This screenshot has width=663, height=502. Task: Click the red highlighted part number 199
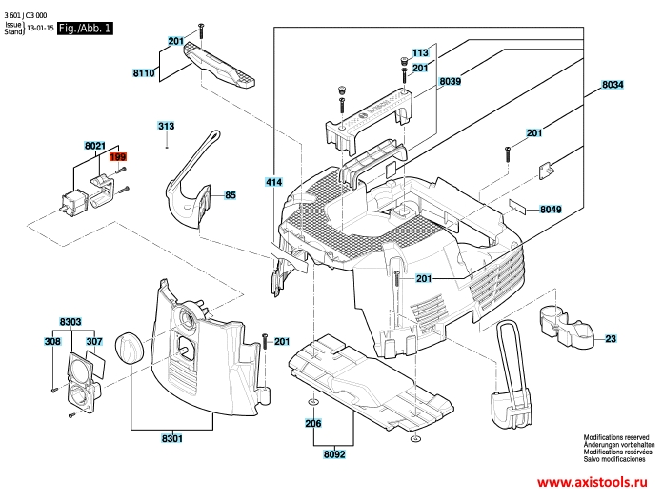[x=118, y=157]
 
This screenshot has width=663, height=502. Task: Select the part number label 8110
[x=145, y=72]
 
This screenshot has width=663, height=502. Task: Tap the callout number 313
[x=167, y=127]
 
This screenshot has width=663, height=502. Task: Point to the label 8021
[x=94, y=146]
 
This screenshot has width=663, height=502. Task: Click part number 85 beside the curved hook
[x=230, y=195]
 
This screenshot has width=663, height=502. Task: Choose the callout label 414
[x=274, y=181]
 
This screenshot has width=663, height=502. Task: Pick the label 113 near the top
[x=420, y=53]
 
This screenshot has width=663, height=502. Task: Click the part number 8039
[x=451, y=83]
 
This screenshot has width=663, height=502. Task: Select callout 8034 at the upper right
[x=613, y=86]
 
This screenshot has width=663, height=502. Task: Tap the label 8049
[x=551, y=208]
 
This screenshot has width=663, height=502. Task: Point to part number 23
[x=611, y=339]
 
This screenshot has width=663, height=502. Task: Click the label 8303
[x=70, y=323]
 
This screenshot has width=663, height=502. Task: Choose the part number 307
[x=94, y=341]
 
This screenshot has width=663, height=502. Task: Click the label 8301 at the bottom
[x=172, y=438]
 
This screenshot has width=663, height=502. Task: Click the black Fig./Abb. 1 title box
[x=85, y=30]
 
